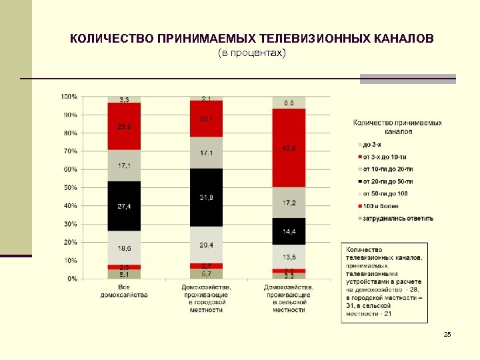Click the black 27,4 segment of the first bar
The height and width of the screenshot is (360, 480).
[x=124, y=206]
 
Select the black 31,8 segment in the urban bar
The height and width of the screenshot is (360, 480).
[x=206, y=197]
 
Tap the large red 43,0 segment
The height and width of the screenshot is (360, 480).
[x=289, y=148]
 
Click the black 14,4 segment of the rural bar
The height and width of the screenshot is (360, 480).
[x=289, y=231]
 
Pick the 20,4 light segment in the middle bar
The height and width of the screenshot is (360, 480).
[x=206, y=245]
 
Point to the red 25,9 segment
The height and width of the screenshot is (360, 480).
[x=124, y=126]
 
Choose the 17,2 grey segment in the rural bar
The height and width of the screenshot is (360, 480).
[x=289, y=202]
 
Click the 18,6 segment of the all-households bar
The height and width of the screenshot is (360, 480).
[x=124, y=247]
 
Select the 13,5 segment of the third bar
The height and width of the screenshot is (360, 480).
[x=289, y=257]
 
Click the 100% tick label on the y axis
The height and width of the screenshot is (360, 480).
[x=69, y=97]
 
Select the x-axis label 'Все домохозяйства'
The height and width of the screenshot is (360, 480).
[x=124, y=291]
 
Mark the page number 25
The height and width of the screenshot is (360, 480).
[x=447, y=333]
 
